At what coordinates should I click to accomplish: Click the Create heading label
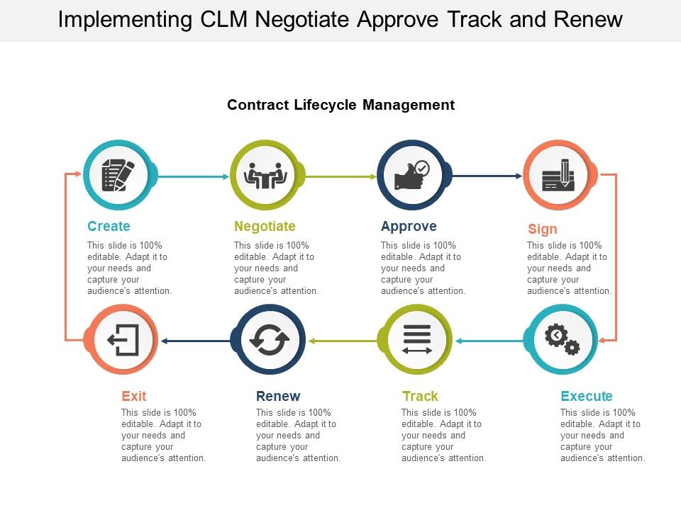(109, 227)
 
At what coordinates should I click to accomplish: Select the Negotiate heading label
(265, 227)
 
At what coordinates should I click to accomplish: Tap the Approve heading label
(409, 227)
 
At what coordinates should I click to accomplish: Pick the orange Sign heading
(543, 229)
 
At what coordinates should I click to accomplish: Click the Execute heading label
(587, 397)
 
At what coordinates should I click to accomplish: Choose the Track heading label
(420, 397)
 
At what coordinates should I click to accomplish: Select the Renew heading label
(278, 397)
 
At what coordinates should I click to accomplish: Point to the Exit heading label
(134, 397)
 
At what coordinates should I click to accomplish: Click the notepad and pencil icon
(118, 175)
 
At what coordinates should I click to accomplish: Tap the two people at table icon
(265, 176)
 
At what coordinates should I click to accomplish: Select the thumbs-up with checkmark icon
(411, 176)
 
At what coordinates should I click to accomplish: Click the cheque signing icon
(558, 176)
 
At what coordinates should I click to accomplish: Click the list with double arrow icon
(416, 340)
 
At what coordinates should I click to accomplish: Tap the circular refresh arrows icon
(269, 341)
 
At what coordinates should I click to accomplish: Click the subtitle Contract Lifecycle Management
(340, 106)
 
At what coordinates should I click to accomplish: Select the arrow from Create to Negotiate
(192, 176)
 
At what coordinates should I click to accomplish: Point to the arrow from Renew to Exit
(196, 341)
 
